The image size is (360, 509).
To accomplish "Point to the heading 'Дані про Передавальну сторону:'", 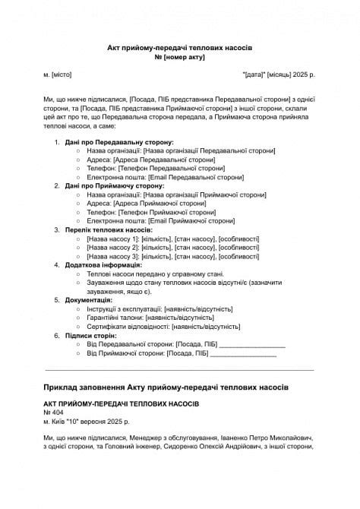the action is [x=119, y=142].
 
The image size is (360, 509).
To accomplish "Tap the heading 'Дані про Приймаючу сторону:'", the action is [x=115, y=185].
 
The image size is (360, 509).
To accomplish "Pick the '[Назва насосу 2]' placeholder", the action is [x=113, y=247].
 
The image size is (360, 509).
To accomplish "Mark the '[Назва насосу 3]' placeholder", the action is [x=113, y=256].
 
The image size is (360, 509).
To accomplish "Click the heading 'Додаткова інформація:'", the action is [x=103, y=265].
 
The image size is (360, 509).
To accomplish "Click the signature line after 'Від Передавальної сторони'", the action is [x=252, y=345].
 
